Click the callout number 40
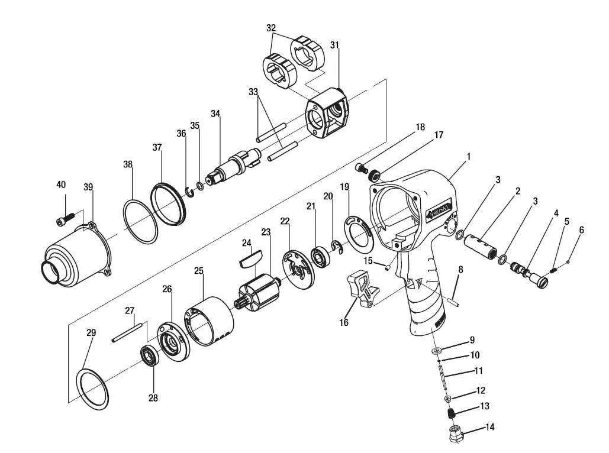[61, 185]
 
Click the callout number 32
[271, 28]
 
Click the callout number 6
[581, 230]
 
